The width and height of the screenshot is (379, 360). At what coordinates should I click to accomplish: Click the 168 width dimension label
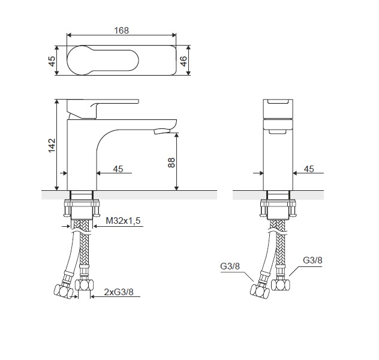pos(121,31)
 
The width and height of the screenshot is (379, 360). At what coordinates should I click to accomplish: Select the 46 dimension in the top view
pos(184,61)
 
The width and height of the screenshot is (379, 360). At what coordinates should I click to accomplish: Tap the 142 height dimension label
pos(52,145)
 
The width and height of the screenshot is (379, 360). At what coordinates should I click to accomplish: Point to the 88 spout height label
pos(171,163)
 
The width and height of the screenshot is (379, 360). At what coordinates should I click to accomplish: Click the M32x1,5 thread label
pos(123,221)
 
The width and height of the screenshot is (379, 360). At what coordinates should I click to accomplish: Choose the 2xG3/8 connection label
pos(119,292)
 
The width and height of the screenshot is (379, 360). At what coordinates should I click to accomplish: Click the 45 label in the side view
pos(309,169)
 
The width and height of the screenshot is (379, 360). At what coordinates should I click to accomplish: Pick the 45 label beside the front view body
pos(118,169)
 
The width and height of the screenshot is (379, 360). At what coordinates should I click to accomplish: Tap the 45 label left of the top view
pos(52,61)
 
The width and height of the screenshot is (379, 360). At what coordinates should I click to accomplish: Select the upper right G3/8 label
pos(312,260)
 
